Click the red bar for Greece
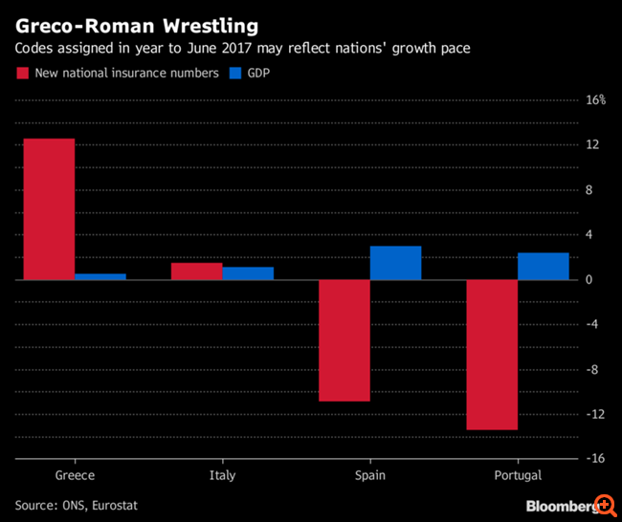pos(49,209)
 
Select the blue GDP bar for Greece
pos(100,276)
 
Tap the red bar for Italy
pos(196,272)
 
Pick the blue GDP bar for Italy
pos(248,273)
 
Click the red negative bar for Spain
pos(344,340)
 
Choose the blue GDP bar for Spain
pos(395,263)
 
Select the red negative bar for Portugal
pos(492,355)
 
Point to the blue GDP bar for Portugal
pos(543,266)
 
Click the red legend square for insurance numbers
pos(23,73)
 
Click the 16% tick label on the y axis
pos(595,100)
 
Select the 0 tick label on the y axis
pos(589,279)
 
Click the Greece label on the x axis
pos(75,475)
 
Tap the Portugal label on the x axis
pos(518,475)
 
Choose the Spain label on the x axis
pos(369,475)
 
